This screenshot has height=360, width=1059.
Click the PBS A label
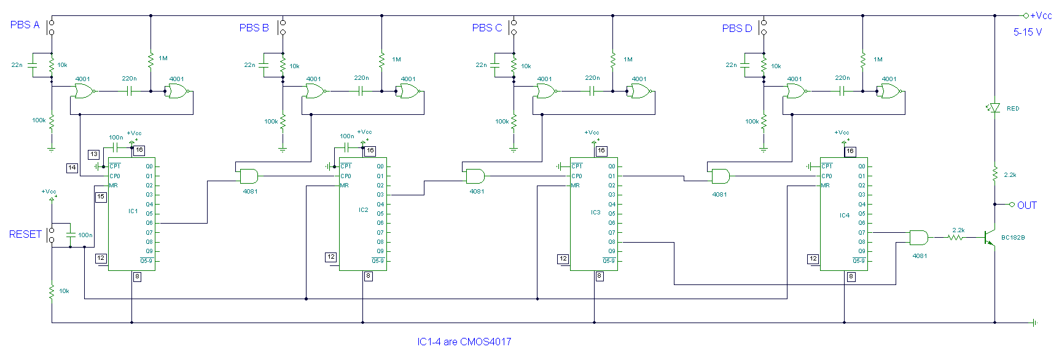25,25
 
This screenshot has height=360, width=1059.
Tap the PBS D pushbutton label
737,28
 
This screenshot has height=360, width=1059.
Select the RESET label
25,234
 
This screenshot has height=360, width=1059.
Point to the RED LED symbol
995,108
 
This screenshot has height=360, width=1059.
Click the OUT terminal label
1027,205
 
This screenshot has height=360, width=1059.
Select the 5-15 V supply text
1028,32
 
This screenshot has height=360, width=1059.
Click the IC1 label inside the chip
133,211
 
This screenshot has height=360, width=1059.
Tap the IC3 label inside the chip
595,212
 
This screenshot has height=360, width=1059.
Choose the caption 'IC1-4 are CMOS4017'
464,342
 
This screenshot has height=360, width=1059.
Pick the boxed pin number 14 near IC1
72,167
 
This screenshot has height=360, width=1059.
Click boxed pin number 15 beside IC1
101,197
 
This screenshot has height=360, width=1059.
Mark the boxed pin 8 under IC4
851,276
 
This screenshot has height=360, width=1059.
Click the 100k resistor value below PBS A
39,120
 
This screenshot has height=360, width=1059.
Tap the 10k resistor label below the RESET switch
64,291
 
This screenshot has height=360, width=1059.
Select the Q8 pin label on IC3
612,242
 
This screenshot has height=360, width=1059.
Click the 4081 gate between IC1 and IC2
249,176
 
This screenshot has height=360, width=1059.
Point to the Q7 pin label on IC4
861,233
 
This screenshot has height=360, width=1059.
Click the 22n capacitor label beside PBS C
481,65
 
